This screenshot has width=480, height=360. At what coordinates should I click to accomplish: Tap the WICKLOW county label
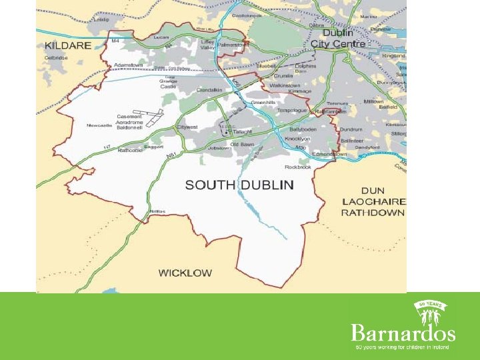point(185,273)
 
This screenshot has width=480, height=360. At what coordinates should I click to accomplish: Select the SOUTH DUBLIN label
point(239,185)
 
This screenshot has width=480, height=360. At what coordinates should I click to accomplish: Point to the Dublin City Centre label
point(338,39)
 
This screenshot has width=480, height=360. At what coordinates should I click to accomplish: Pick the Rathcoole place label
point(131,150)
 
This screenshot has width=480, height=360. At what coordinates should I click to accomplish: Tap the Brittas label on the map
point(157,211)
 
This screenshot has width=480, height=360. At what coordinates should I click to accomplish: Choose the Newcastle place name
point(99,125)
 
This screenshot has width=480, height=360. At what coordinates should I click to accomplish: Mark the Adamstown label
point(128,65)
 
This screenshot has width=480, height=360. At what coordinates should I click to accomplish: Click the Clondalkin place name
point(211,90)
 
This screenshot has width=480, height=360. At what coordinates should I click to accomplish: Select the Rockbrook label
point(297,167)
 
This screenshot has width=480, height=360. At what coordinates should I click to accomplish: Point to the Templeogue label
point(292,109)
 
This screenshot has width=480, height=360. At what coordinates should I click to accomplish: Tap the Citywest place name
point(187,126)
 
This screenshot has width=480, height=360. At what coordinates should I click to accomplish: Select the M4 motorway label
point(115,41)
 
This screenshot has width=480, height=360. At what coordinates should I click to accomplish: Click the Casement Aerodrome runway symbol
point(154,117)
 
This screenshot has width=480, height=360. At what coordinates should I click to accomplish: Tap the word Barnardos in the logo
point(403,333)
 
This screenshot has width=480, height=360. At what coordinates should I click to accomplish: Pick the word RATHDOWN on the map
point(373,213)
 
